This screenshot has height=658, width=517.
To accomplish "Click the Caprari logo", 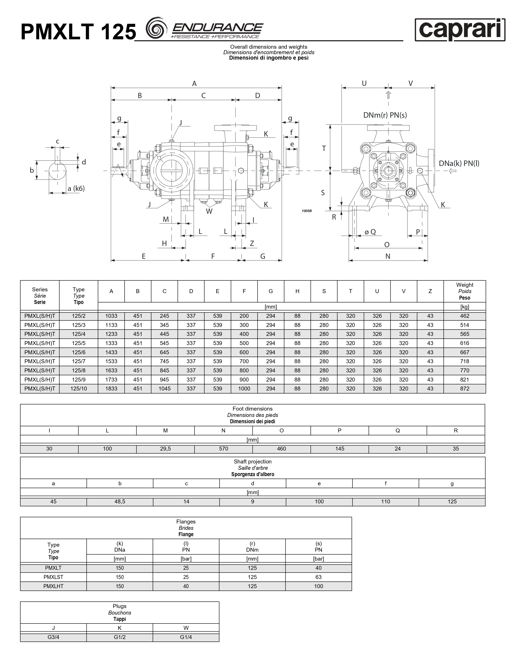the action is point(460,30).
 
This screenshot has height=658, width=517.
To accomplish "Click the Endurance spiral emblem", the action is point(156,28).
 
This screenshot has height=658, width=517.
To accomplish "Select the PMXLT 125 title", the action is point(78,32).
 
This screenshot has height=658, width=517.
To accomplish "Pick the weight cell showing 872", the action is point(464,389).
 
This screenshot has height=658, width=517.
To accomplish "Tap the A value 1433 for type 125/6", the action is point(111,352).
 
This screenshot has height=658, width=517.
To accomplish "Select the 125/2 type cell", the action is point(79,316).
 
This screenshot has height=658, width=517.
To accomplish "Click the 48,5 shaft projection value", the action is point(120,502).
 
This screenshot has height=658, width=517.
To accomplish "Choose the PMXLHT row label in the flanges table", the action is point(53,586).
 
